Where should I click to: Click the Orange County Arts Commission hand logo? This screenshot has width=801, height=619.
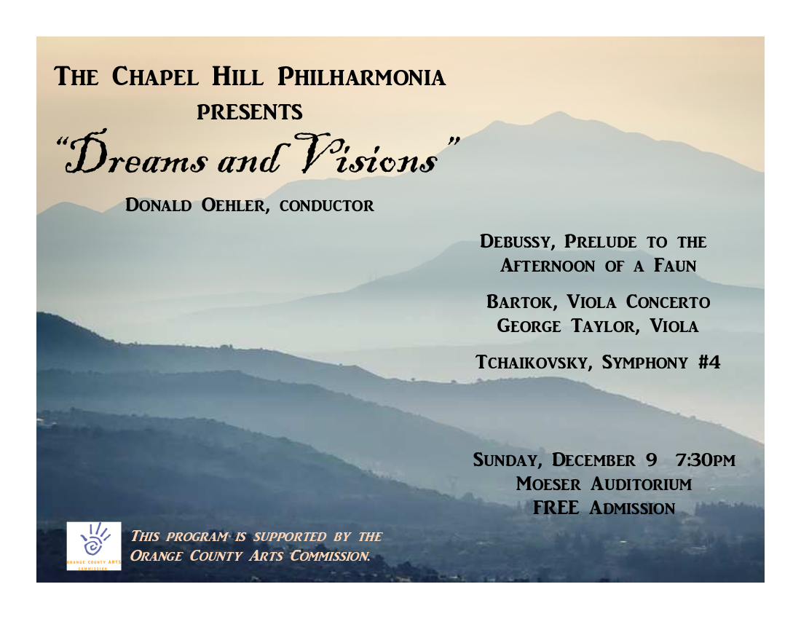94,546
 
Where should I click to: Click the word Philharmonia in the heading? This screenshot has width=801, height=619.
362,77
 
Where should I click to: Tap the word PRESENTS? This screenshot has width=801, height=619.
250,112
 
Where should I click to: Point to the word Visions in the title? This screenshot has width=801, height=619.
367,154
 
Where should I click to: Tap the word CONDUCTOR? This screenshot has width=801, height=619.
327,206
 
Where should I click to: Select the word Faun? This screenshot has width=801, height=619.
675,266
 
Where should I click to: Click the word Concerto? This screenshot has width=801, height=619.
668,301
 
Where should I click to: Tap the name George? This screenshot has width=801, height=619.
529,326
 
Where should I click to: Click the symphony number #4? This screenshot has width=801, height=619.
709,362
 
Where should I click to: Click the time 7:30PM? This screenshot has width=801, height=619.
706,460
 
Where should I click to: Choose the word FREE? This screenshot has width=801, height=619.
556,508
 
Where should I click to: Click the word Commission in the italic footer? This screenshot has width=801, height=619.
331,556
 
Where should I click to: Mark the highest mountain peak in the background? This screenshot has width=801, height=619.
559,113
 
